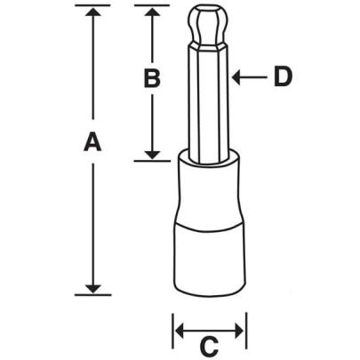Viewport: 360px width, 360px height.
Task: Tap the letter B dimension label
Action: tap(152, 78)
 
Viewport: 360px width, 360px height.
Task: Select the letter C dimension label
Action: tap(208, 342)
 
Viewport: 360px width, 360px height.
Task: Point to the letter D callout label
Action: tap(283, 77)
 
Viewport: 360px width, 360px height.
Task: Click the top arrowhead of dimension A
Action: tap(90, 12)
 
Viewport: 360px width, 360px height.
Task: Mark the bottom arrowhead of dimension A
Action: tap(90, 286)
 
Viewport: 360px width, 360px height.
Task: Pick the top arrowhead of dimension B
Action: tap(152, 12)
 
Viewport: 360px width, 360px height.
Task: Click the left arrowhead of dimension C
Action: tap(178, 331)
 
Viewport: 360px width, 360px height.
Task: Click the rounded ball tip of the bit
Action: tap(208, 27)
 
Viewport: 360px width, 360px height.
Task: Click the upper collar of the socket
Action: tap(208, 182)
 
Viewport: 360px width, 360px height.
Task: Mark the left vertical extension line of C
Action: tap(172, 330)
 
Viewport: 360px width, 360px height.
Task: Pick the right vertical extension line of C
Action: tap(245, 330)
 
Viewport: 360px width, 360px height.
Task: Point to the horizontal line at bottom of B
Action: tap(152, 160)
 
